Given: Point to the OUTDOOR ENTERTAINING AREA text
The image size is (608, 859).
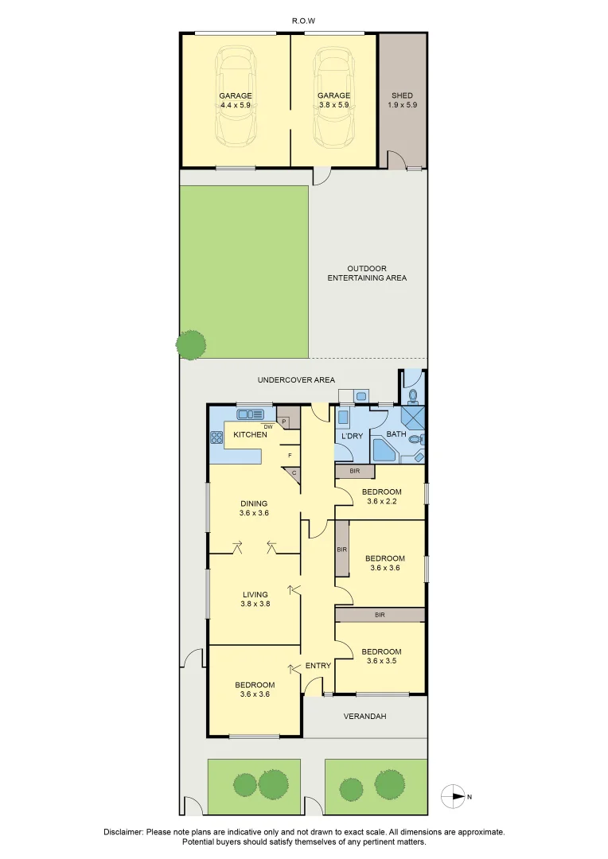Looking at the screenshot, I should point(367,273).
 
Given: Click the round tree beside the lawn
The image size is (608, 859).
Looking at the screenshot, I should point(192,344).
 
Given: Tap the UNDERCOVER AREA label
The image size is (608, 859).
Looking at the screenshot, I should point(296,380).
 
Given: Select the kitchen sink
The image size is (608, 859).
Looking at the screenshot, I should point(251,414).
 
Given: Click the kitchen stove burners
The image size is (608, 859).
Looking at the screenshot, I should point(216,437).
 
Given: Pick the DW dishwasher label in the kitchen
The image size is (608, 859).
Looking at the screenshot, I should point(268,427).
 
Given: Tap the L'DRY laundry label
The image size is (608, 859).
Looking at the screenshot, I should point(352,436).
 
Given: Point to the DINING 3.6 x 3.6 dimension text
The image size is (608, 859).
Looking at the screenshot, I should point(254,514).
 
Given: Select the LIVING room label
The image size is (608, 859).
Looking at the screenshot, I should point(254,594).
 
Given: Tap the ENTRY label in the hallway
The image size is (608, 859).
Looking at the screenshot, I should point(318,666).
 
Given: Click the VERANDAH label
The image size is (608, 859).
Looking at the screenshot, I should point(364,717).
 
